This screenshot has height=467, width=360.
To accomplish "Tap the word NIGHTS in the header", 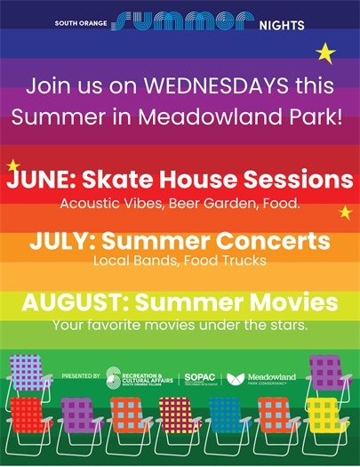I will tap(284, 25).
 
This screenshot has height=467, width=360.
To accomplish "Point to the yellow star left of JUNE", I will tap(12, 165).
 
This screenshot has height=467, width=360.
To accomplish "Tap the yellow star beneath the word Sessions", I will tap(345, 212).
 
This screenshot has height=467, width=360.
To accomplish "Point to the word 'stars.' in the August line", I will tap(289, 325).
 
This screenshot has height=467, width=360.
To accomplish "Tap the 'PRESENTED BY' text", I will tap(83, 378).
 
